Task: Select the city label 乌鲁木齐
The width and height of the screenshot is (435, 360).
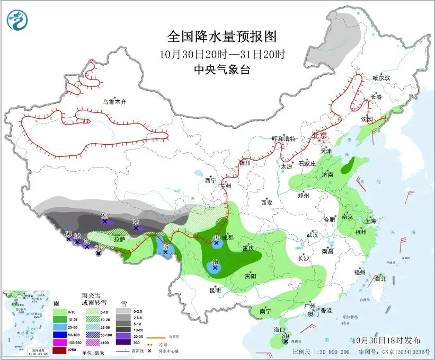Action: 115,101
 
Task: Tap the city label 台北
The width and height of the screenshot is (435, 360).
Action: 380,278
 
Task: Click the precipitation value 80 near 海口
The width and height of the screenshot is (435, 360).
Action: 285,336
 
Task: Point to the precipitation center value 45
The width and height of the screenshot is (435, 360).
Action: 165,247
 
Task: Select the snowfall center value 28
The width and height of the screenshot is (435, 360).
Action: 104,216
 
